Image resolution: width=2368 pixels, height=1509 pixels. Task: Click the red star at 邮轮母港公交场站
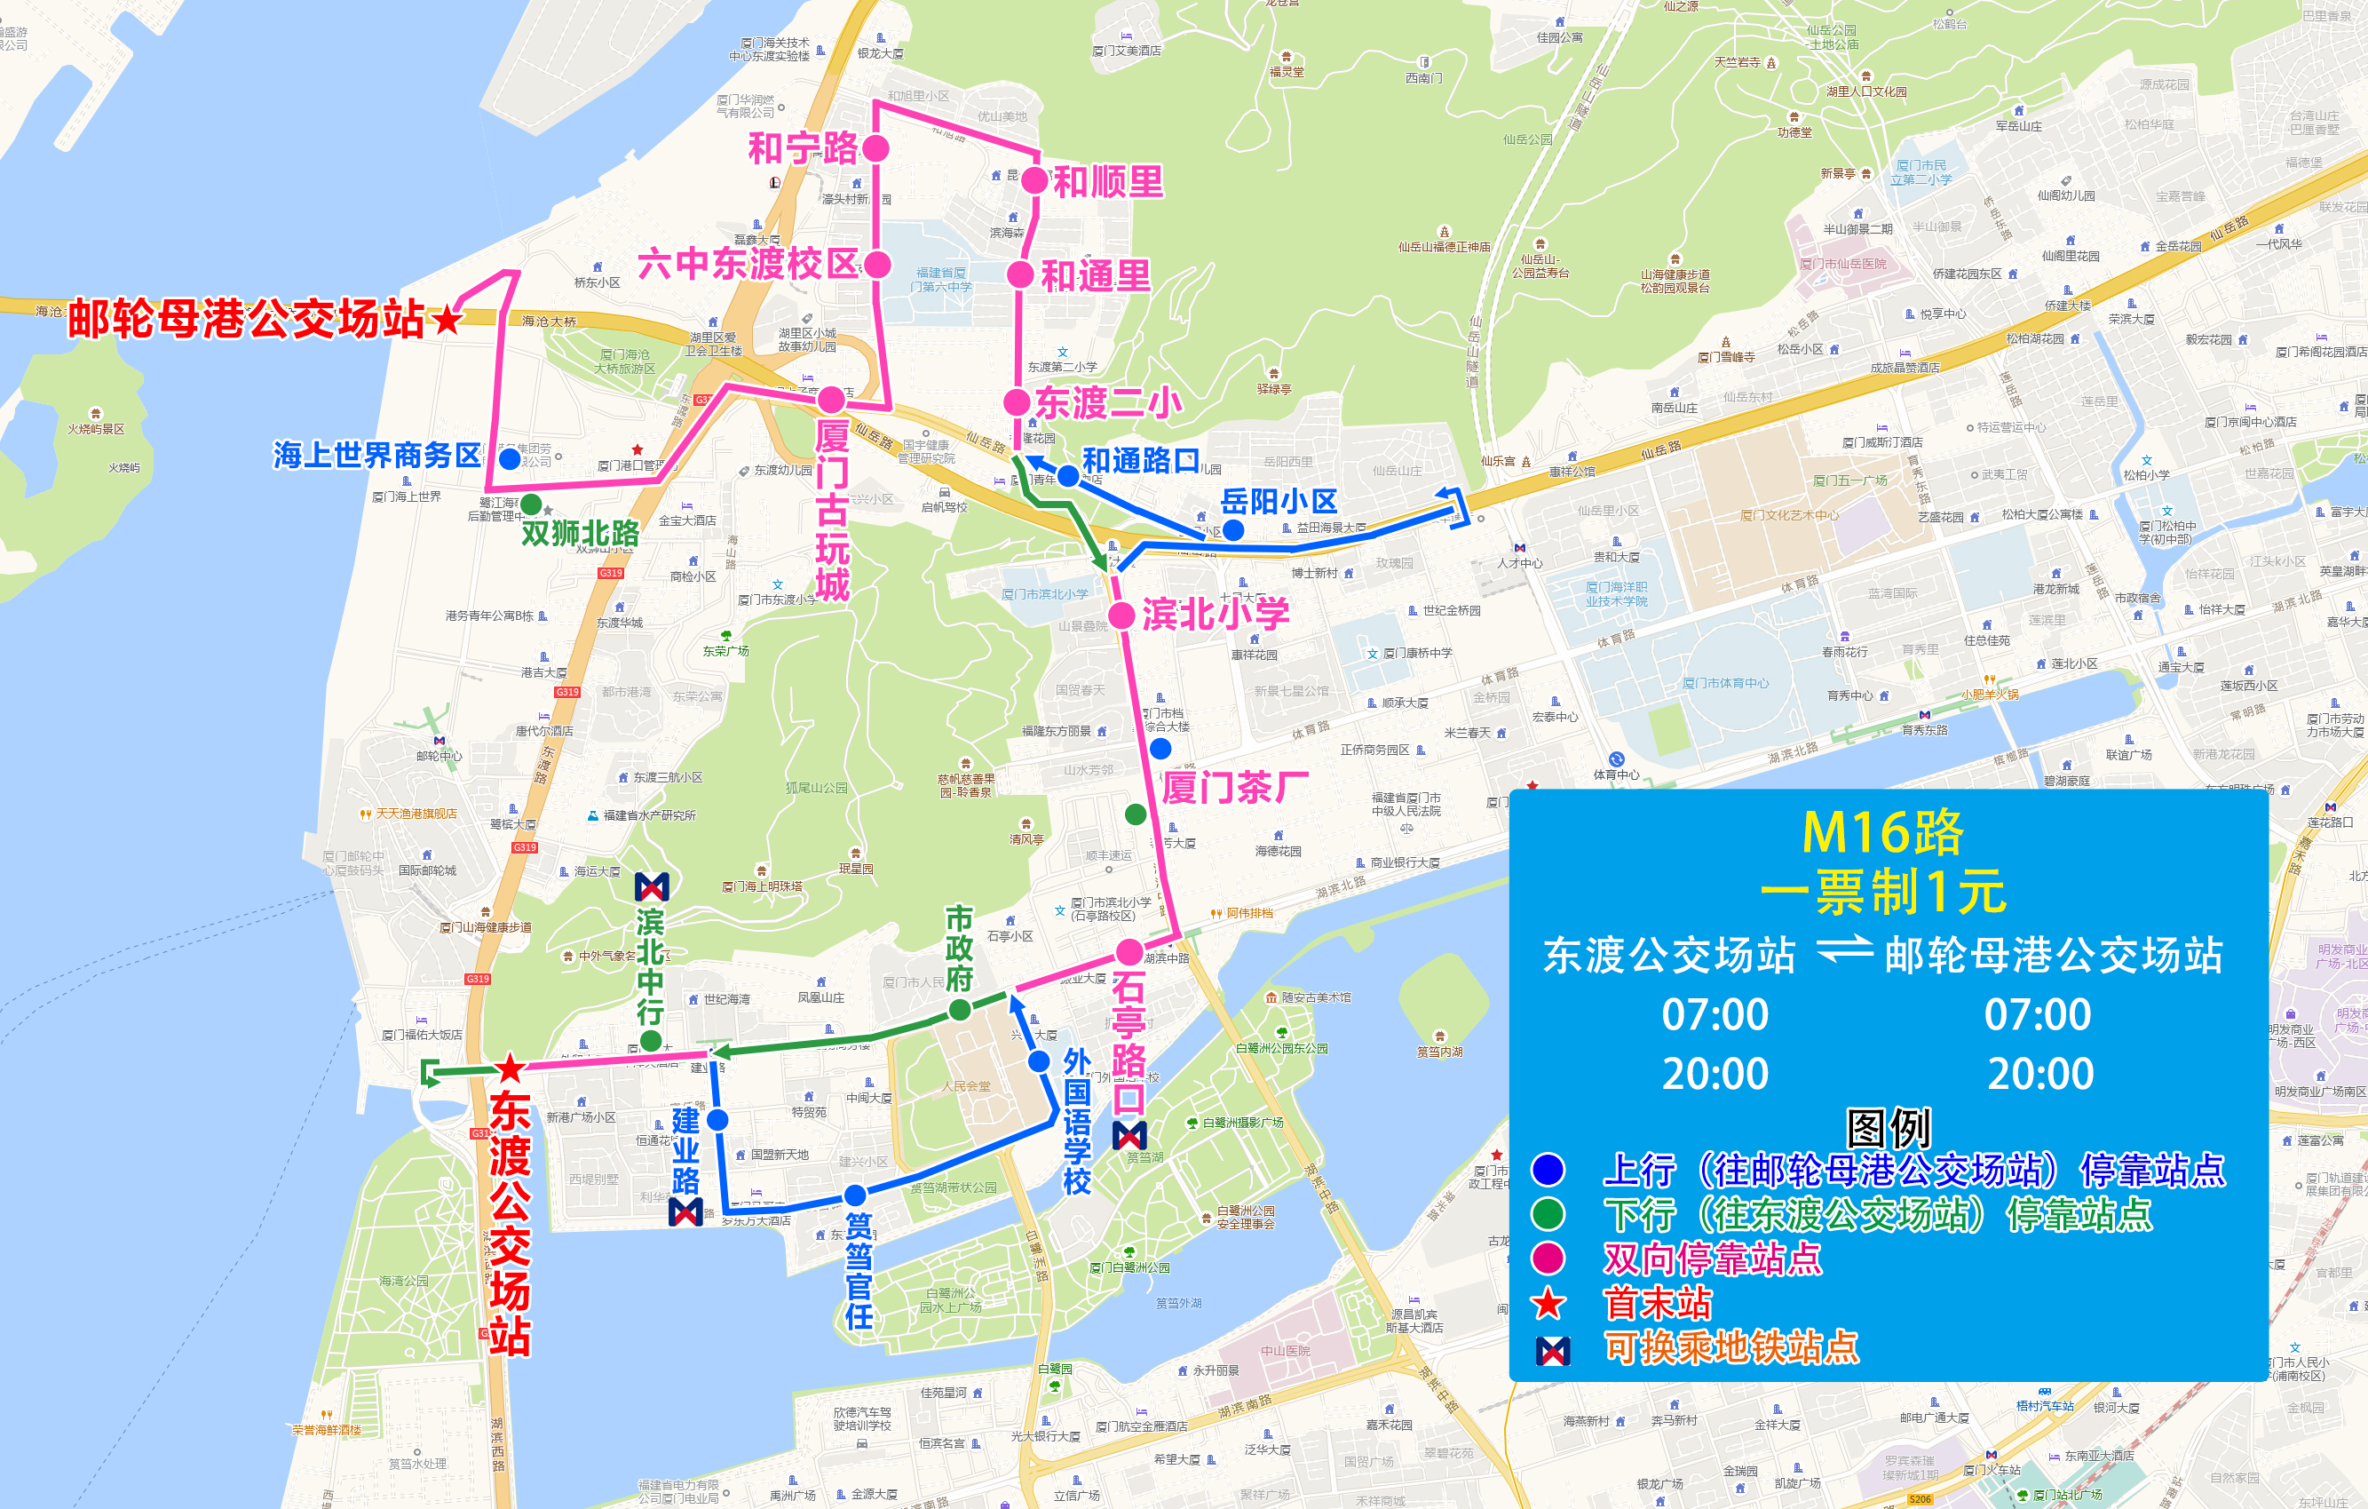point(447,319)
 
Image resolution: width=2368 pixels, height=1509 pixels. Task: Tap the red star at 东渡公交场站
point(510,1068)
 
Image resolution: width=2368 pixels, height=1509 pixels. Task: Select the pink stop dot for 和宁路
point(875,148)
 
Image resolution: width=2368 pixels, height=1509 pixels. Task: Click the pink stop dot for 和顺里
point(1034,180)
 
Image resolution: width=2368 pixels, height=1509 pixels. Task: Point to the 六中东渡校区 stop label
point(748,264)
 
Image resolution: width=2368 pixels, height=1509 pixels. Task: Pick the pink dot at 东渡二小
point(1017,401)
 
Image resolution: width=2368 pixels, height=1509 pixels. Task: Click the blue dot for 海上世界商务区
point(510,458)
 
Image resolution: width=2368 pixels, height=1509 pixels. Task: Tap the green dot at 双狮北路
point(531,504)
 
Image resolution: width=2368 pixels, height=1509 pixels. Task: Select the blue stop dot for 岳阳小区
point(1233,530)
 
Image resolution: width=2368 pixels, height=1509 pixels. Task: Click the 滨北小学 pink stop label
point(1216,614)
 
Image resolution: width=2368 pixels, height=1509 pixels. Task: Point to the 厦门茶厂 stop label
point(1235,787)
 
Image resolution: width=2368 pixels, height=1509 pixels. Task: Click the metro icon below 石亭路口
point(1129,1136)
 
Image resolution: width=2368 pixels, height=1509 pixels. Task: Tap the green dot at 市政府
point(960,1009)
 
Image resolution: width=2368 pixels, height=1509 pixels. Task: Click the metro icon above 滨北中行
point(651,887)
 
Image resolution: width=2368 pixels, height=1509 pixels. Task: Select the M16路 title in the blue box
point(1882,833)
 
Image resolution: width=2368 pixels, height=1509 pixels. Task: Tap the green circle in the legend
point(1548,1214)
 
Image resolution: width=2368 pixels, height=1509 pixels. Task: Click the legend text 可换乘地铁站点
point(1730,1347)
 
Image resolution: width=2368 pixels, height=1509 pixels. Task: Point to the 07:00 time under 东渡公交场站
point(1715,1014)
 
